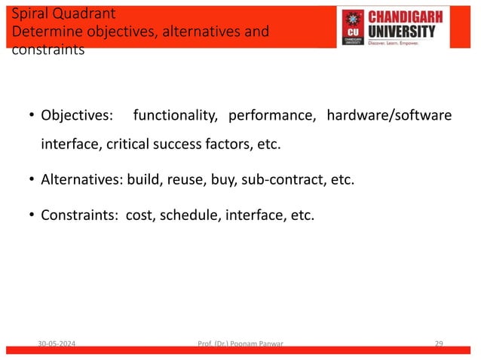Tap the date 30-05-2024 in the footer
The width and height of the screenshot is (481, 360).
tap(61, 344)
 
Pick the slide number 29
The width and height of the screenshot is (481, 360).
tap(439, 344)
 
